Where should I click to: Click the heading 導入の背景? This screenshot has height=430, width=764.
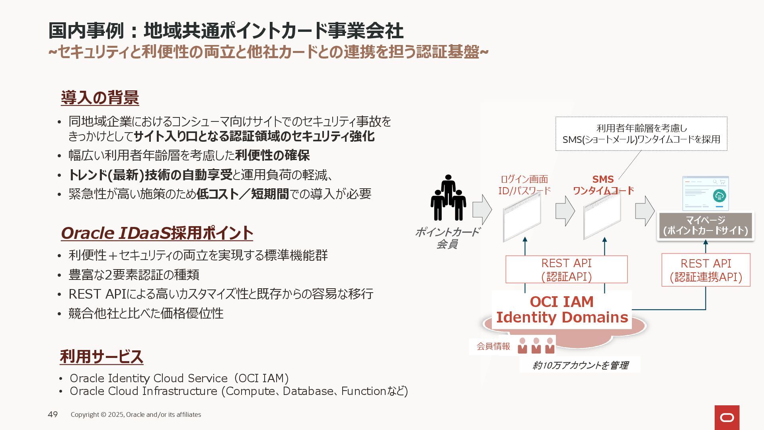pyautogui.click(x=100, y=98)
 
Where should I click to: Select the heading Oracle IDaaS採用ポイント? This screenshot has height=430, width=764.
pyautogui.click(x=157, y=233)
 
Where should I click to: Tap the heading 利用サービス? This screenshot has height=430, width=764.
pyautogui.click(x=101, y=357)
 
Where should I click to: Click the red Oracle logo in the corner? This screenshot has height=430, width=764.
pyautogui.click(x=727, y=417)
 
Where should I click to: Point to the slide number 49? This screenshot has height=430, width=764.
pyautogui.click(x=53, y=414)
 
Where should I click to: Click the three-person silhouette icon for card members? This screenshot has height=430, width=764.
pyautogui.click(x=448, y=198)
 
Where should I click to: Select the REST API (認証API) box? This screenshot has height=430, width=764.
pyautogui.click(x=566, y=270)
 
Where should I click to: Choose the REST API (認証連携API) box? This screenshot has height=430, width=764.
pyautogui.click(x=706, y=270)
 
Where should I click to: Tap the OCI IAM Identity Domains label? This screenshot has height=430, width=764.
pyautogui.click(x=561, y=310)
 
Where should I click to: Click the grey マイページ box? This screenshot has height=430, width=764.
pyautogui.click(x=705, y=226)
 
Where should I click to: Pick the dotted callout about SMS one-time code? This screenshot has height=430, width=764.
pyautogui.click(x=641, y=134)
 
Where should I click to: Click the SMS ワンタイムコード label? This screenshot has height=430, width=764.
pyautogui.click(x=603, y=185)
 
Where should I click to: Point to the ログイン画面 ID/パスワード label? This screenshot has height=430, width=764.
pyautogui.click(x=524, y=185)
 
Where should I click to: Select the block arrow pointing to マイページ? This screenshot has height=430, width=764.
pyautogui.click(x=644, y=211)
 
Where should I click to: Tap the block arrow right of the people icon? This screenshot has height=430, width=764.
pyautogui.click(x=482, y=209)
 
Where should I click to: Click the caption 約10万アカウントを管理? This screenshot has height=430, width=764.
pyautogui.click(x=580, y=365)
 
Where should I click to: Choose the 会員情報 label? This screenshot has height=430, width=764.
pyautogui.click(x=493, y=346)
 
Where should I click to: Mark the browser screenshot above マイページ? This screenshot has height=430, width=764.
pyautogui.click(x=705, y=193)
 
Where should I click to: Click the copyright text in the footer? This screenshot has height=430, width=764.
pyautogui.click(x=136, y=414)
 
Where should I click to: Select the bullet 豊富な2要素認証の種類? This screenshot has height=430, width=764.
pyautogui.click(x=134, y=275)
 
